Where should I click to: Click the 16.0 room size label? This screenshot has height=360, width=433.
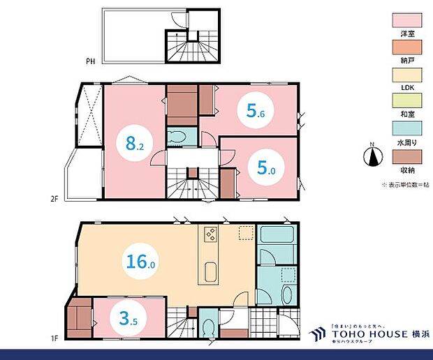tap(140, 262)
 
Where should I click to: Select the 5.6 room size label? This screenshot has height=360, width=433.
tap(256, 110)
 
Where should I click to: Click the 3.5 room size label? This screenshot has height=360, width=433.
tap(128, 321)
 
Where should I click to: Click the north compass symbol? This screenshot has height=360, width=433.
tap(373, 155)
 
